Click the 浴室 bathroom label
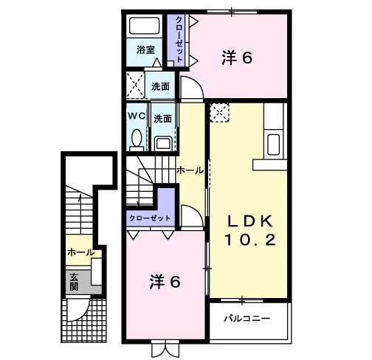pos(145,50)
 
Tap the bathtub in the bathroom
pos(145,26)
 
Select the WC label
pos(137,116)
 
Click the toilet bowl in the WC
pos(137,138)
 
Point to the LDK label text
pos(250,221)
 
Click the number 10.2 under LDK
pos(250,240)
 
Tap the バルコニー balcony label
pos(247,319)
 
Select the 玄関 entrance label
pos(74,282)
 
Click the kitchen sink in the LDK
pos(273,145)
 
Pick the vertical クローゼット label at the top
pos(180,39)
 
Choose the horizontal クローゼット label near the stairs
pos(150,218)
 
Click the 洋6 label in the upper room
pos(237,58)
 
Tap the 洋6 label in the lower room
pos(165,282)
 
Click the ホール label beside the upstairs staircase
pos(190,170)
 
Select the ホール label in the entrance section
pos(81,252)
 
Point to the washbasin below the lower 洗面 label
pos(163,144)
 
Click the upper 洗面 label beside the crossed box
pos(160,86)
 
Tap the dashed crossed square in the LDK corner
pos(219,113)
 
